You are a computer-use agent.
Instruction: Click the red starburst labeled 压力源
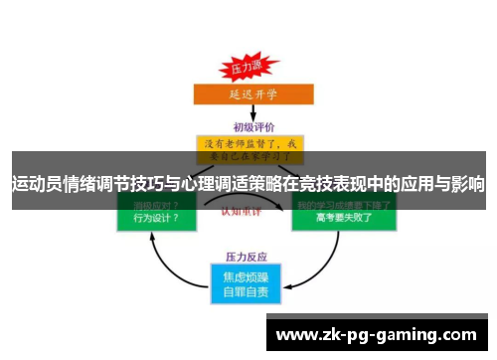246,69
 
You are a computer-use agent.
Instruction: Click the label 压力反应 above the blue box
246,254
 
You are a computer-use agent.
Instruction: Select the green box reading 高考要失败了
342,216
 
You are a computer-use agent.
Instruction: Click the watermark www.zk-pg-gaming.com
376,335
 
